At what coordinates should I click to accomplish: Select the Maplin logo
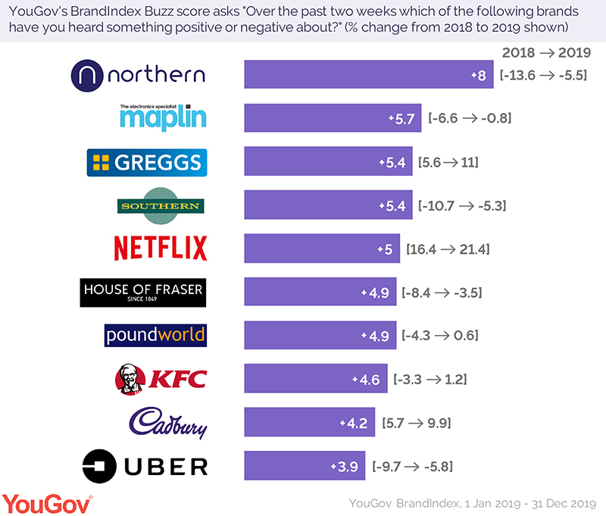163,117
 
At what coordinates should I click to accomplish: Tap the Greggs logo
146,162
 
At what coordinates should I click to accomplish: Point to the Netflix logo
160,249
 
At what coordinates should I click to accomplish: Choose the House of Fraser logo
143,292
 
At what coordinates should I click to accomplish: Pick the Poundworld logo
155,335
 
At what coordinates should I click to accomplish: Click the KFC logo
160,379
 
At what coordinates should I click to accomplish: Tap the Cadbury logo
167,422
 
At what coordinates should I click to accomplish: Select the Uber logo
145,466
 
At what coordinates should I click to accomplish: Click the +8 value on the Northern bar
477,76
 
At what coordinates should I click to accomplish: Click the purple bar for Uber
305,466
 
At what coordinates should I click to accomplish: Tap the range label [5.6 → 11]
448,162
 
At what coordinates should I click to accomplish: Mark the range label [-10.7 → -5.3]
462,205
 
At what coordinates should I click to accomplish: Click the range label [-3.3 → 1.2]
430,379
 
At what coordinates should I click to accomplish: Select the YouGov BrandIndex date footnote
473,502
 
